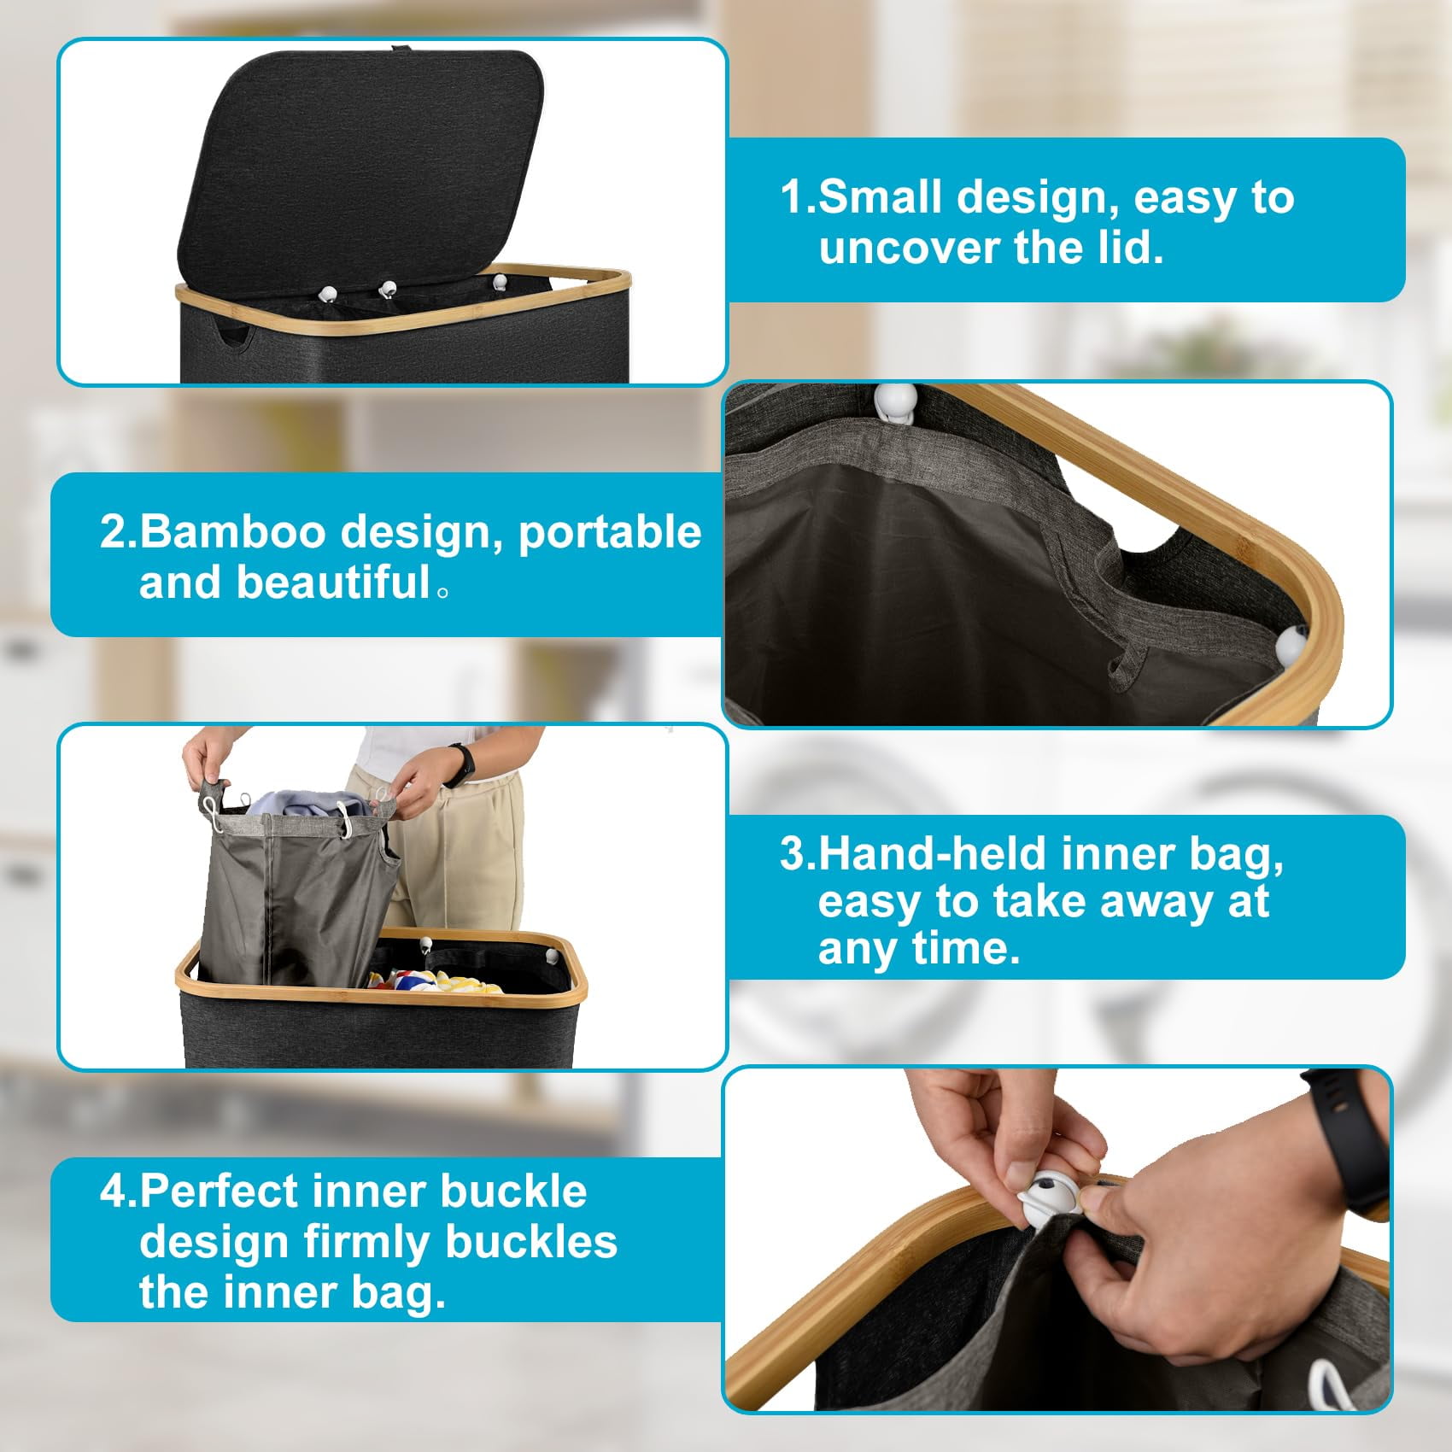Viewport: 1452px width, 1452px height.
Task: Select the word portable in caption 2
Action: (610, 533)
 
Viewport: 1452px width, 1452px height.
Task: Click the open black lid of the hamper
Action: (359, 167)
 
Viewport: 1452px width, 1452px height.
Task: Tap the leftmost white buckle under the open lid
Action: (326, 294)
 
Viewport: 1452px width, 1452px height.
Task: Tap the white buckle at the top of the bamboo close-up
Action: (895, 401)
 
